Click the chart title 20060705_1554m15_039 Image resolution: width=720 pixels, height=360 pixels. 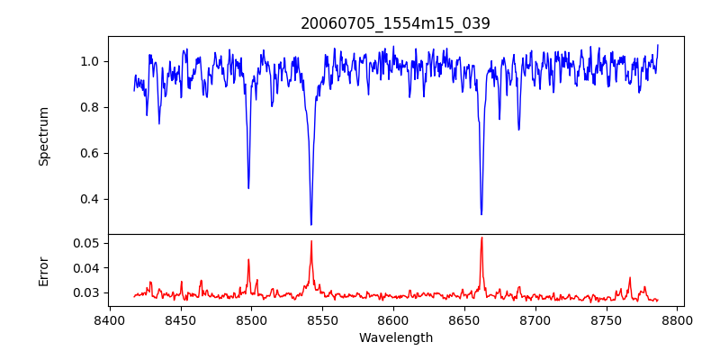395,23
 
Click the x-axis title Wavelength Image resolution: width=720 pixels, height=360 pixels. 395,337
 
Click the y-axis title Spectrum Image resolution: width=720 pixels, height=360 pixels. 43,136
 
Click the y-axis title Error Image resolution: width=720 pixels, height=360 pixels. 43,270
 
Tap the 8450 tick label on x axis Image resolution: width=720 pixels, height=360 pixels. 181,319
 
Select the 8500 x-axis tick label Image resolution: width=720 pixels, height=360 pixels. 252,319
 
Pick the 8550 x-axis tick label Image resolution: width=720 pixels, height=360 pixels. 323,319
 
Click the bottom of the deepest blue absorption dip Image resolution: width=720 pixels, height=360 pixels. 311,225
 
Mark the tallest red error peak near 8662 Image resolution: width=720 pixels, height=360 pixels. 481,238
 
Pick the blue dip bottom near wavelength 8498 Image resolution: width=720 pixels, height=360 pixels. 248,188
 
